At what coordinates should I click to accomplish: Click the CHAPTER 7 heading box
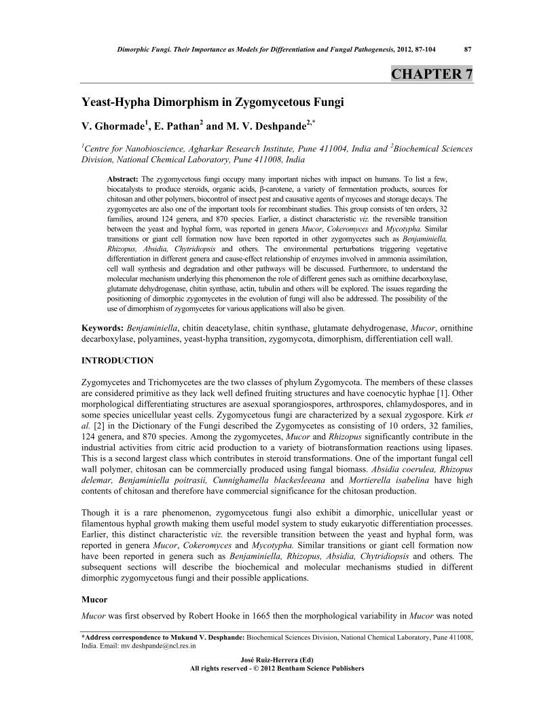coord(432,74)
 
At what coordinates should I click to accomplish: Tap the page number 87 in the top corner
coord(468,48)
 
